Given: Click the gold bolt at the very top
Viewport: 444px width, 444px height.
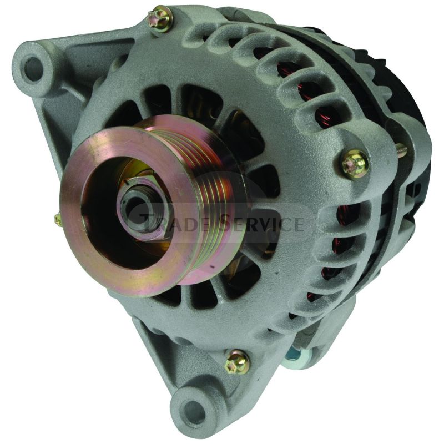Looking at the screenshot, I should tap(161, 18).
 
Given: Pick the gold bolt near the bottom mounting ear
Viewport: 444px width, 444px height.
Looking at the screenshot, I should tap(237, 363).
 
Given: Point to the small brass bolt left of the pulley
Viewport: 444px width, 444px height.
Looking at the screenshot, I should tap(58, 220).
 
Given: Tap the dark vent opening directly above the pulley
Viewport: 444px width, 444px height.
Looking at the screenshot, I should tap(167, 100).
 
